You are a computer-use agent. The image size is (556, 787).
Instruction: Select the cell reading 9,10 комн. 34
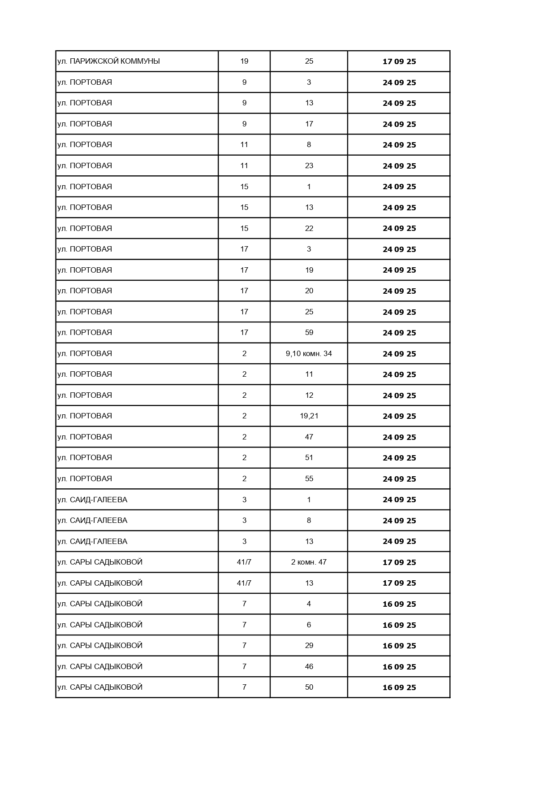click(309, 353)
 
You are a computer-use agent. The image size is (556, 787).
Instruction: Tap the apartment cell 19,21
click(309, 416)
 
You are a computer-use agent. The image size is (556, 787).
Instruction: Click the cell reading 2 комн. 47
click(309, 562)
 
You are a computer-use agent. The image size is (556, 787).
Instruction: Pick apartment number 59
click(309, 332)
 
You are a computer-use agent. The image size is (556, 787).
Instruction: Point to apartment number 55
click(309, 478)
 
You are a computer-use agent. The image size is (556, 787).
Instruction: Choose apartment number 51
click(309, 457)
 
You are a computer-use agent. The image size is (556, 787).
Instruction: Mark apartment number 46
click(309, 666)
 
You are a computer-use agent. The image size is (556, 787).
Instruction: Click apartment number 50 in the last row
click(309, 687)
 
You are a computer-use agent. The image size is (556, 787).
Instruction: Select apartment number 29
click(309, 645)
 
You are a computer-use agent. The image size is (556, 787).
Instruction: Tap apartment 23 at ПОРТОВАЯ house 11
click(309, 165)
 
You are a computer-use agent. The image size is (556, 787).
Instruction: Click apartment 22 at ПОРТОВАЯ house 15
click(309, 228)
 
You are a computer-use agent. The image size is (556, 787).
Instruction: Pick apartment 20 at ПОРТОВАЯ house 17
click(309, 291)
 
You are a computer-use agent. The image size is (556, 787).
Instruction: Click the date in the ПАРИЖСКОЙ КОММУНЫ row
click(399, 61)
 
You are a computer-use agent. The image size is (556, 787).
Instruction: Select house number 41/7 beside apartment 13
click(244, 583)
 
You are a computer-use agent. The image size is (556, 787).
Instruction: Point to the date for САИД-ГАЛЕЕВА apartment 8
click(399, 521)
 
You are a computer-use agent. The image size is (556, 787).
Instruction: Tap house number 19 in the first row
click(244, 61)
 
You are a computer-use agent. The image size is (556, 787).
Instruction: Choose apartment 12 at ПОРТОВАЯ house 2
click(309, 395)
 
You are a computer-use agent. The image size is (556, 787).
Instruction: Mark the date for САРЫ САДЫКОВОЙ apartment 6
click(399, 625)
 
